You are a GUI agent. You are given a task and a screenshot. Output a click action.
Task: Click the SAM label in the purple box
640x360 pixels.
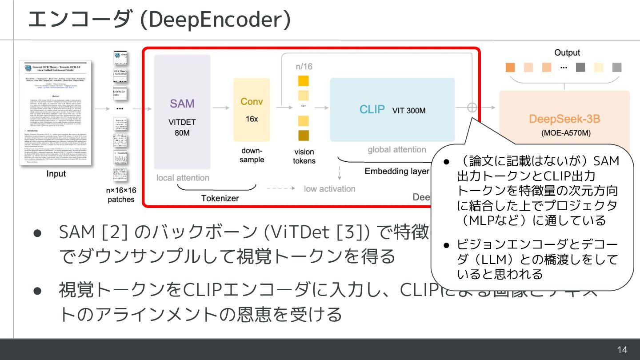tap(182, 104)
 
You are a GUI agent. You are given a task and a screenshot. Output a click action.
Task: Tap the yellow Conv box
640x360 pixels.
tap(252, 110)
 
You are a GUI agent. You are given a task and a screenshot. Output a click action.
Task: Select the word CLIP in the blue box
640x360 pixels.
tap(372, 109)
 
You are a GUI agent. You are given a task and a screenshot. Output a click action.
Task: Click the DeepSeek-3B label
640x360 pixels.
tap(564, 119)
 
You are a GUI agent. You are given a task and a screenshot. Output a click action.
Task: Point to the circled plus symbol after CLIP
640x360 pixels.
tap(472, 108)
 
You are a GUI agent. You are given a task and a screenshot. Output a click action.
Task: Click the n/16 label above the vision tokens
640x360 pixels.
tap(304, 67)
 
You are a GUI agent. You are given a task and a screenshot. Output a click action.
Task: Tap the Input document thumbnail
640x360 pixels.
tap(56, 113)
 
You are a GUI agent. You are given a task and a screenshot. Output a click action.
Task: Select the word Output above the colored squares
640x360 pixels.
tap(567, 52)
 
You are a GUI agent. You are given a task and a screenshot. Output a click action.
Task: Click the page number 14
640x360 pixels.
tap(622, 350)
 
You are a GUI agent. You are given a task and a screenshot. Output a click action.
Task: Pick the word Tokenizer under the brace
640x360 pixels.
tap(220, 198)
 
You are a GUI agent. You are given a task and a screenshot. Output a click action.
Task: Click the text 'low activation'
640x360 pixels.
tap(329, 189)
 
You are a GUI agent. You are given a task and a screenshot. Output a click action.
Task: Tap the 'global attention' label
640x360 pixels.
tap(397, 150)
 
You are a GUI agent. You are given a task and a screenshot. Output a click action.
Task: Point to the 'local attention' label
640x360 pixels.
tap(183, 178)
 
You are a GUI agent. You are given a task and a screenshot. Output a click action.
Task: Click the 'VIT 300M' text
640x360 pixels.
tap(409, 110)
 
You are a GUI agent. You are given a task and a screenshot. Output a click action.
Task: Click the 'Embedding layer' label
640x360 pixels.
tap(397, 171)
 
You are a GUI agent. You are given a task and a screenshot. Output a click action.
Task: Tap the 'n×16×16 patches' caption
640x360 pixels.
tap(121, 195)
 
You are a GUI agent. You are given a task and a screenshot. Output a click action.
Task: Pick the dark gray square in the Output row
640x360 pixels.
tap(580, 68)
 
